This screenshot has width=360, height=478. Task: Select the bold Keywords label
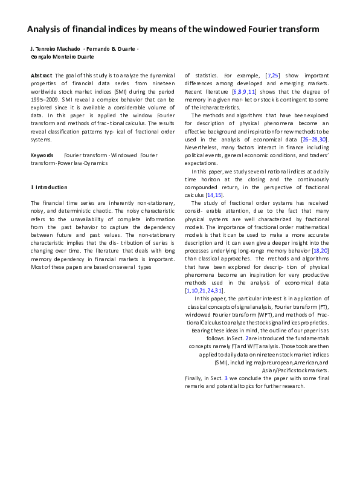point(42,155)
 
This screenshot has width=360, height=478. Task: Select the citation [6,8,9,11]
point(244,91)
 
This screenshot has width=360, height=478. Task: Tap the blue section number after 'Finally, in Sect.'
point(226,378)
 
